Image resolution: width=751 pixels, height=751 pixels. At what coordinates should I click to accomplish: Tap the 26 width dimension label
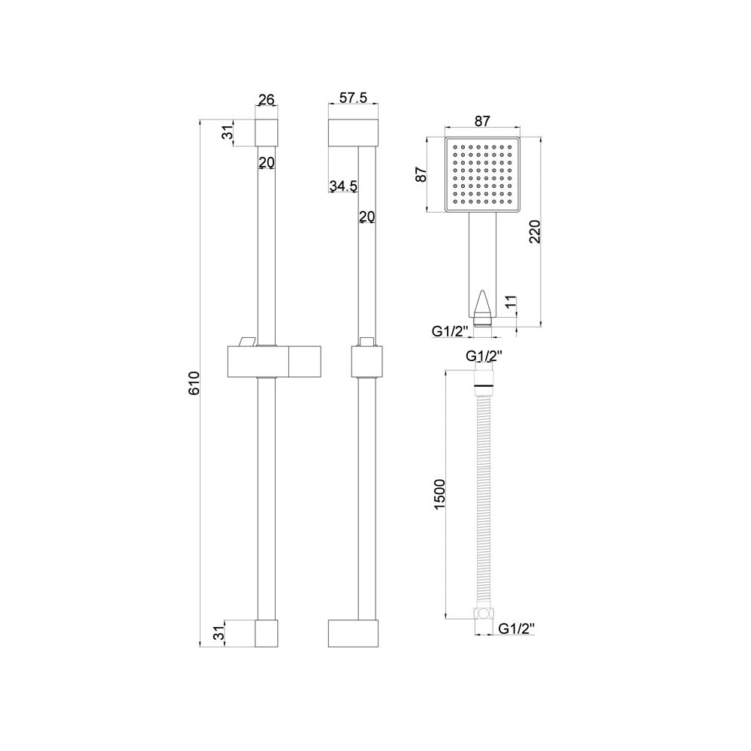[267, 100]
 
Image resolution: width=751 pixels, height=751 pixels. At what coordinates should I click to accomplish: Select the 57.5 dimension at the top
[353, 98]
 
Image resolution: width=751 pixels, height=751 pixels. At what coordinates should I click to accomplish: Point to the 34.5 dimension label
[342, 185]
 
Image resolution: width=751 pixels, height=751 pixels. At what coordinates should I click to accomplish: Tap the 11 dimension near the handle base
[511, 303]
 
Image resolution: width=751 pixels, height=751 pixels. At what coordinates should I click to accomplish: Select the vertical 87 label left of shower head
[422, 174]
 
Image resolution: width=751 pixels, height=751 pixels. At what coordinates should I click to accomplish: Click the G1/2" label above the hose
[483, 356]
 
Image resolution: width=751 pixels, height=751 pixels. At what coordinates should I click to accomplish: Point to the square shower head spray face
[482, 174]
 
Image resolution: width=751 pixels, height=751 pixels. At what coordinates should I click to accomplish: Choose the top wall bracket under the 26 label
[267, 131]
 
